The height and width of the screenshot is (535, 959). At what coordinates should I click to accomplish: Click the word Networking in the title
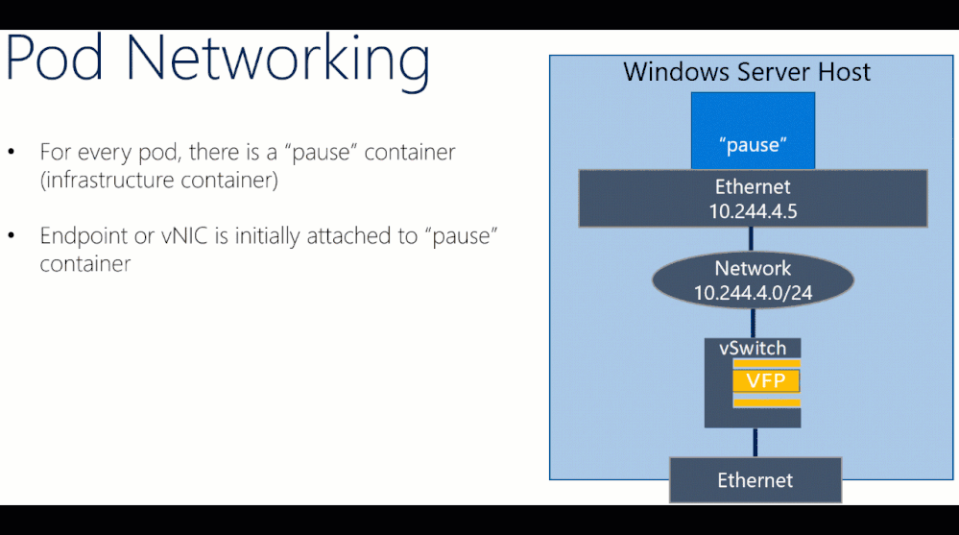[278, 60]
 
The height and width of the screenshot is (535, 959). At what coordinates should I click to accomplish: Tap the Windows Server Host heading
[747, 72]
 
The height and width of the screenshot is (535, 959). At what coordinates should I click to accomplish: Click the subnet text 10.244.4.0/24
[754, 293]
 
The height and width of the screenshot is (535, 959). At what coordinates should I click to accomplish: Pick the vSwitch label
[753, 349]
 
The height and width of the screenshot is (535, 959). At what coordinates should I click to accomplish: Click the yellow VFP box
[766, 381]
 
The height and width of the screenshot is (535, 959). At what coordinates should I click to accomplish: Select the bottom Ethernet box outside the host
[755, 479]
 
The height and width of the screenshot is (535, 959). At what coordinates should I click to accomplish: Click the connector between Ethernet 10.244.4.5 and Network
[754, 239]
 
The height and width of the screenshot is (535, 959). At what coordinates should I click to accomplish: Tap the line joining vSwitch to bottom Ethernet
[755, 442]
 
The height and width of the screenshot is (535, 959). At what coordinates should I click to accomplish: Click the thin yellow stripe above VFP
[766, 363]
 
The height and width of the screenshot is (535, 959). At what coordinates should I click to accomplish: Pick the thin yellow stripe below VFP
[766, 401]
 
